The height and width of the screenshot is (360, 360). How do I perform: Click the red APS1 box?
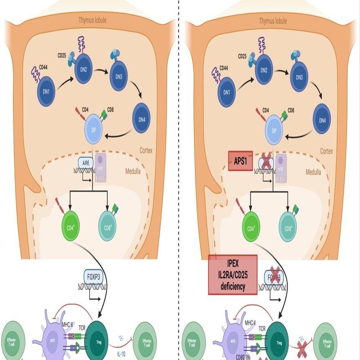coord(240,161)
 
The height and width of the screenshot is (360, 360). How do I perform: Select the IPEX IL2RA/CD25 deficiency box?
coord(232,275)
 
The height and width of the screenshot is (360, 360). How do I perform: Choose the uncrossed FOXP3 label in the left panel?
coord(92,276)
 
